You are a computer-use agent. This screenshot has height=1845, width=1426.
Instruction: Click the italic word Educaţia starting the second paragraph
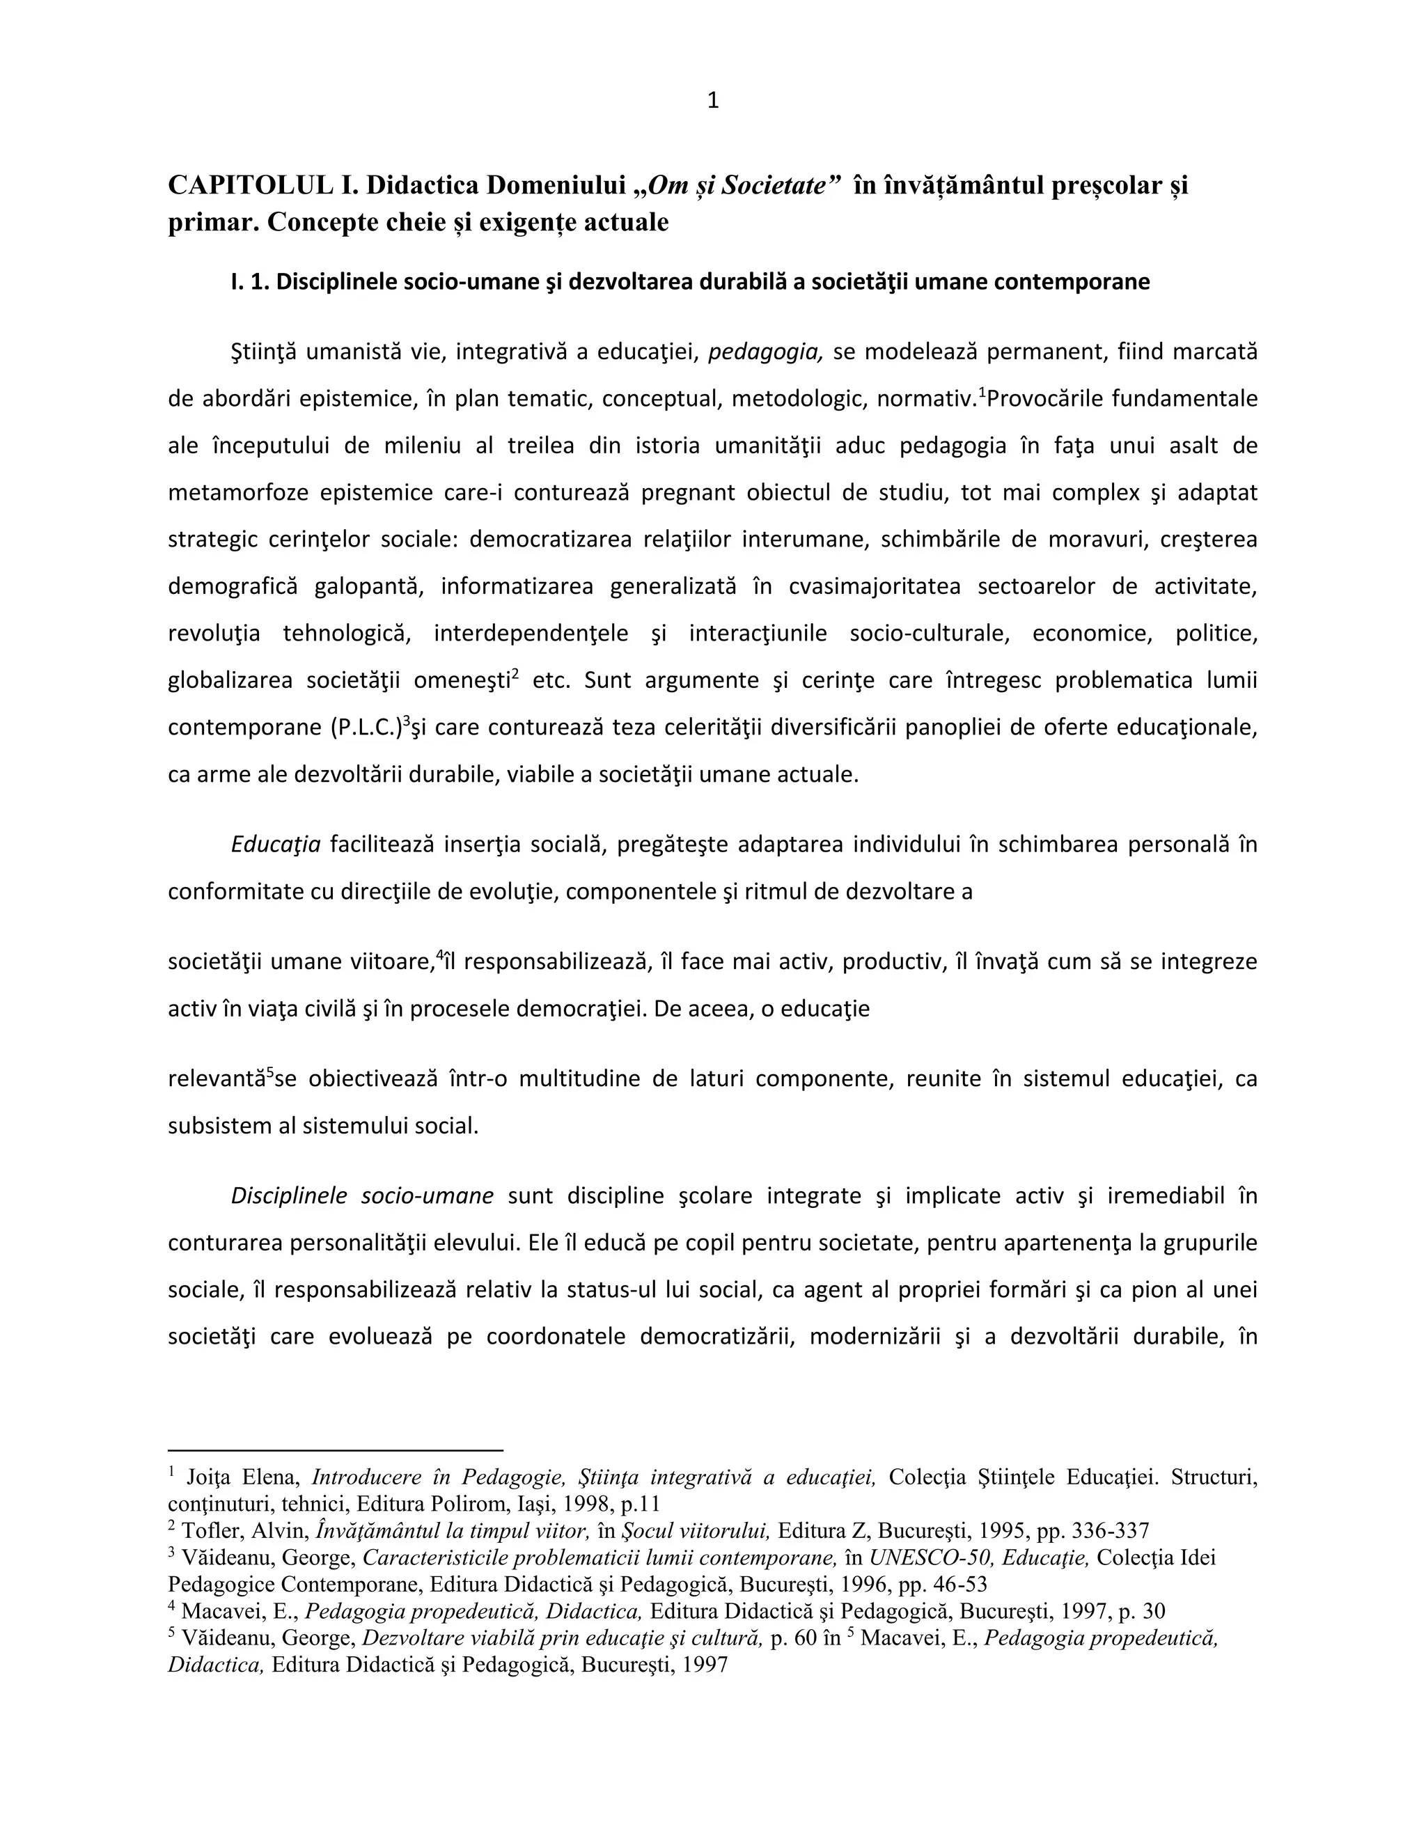point(276,844)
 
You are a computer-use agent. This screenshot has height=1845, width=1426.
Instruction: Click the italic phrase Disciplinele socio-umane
point(361,1195)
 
